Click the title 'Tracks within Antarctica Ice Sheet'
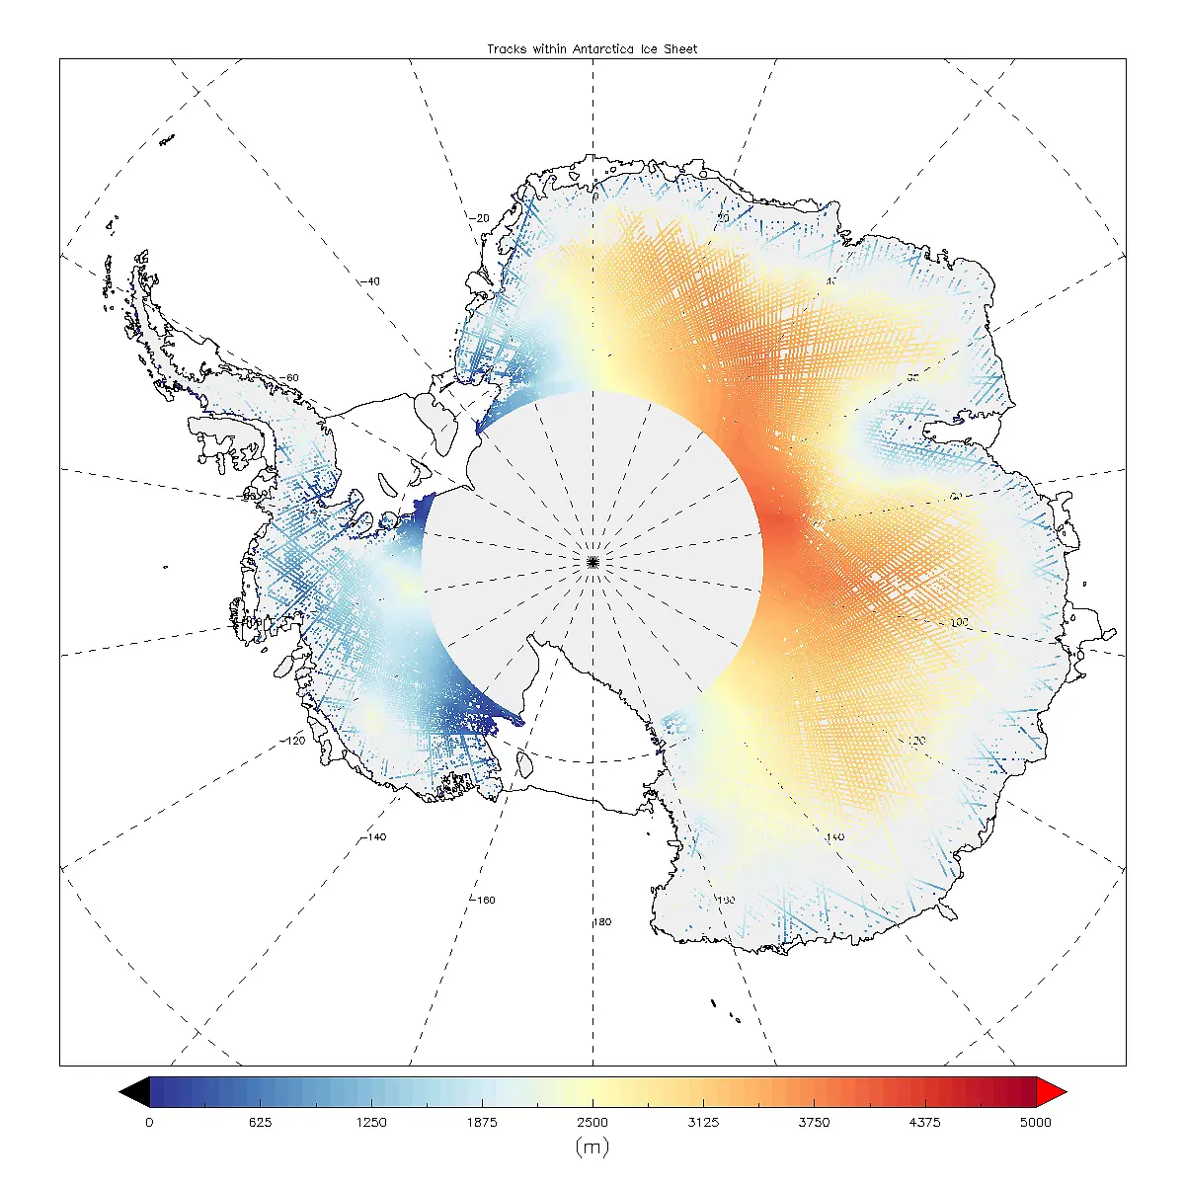tap(592, 48)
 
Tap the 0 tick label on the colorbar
tap(149, 1122)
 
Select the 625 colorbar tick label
tap(260, 1122)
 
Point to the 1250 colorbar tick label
tap(371, 1122)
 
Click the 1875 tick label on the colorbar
tap(482, 1122)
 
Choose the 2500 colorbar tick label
tap(592, 1122)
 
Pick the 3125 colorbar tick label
tap(703, 1122)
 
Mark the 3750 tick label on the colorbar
tap(814, 1122)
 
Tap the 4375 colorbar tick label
tap(925, 1122)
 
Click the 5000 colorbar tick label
tap(1036, 1122)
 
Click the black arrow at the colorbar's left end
tap(134, 1091)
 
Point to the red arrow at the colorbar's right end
tap(1051, 1091)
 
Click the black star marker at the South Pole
tap(592, 561)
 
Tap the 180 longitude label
tap(601, 922)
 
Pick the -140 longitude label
tap(374, 837)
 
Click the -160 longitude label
tap(483, 901)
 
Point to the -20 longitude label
tap(480, 218)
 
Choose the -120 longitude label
tap(293, 741)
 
